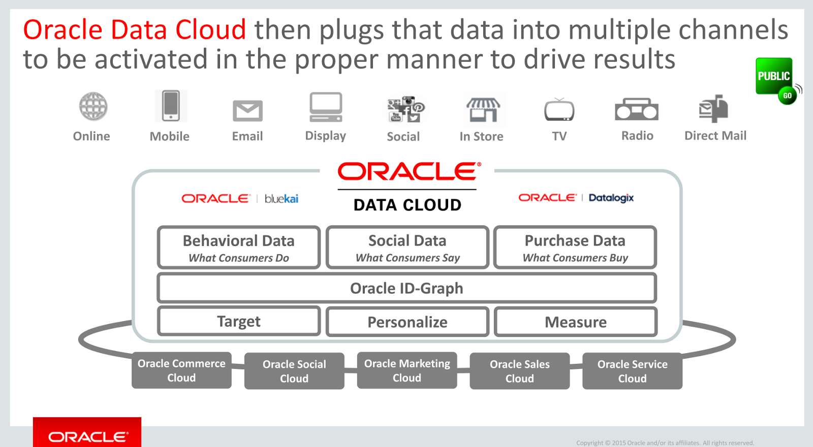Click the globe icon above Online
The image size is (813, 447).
tap(93, 107)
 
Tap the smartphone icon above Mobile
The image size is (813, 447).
tap(171, 106)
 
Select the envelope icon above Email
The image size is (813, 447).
tap(247, 111)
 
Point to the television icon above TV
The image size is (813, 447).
tap(559, 110)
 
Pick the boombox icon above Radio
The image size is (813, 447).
tap(637, 109)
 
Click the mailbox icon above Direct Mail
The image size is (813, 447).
tap(713, 108)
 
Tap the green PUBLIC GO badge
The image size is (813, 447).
tap(775, 79)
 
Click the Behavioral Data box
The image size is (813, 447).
tap(239, 247)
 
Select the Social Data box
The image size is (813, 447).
tap(407, 247)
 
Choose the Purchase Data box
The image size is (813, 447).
tap(575, 247)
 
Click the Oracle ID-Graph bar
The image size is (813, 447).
tap(407, 288)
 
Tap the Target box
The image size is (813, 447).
tap(239, 321)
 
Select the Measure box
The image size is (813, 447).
tap(576, 322)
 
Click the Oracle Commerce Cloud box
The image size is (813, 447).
tap(181, 370)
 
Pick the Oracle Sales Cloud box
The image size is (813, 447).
tap(519, 371)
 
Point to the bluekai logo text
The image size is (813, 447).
tap(282, 198)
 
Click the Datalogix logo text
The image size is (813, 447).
tap(611, 198)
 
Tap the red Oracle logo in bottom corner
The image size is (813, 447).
tap(87, 435)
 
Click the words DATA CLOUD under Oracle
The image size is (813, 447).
tap(408, 205)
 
